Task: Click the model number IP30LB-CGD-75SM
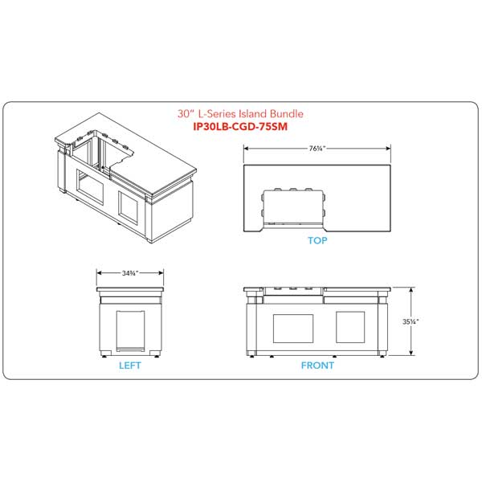pyautogui.click(x=241, y=126)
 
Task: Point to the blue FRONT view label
pyautogui.click(x=317, y=366)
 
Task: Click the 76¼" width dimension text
pyautogui.click(x=317, y=148)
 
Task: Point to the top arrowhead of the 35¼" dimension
pyautogui.click(x=411, y=287)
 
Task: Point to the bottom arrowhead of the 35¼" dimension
pyautogui.click(x=411, y=354)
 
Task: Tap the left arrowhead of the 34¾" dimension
pyautogui.click(x=98, y=273)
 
